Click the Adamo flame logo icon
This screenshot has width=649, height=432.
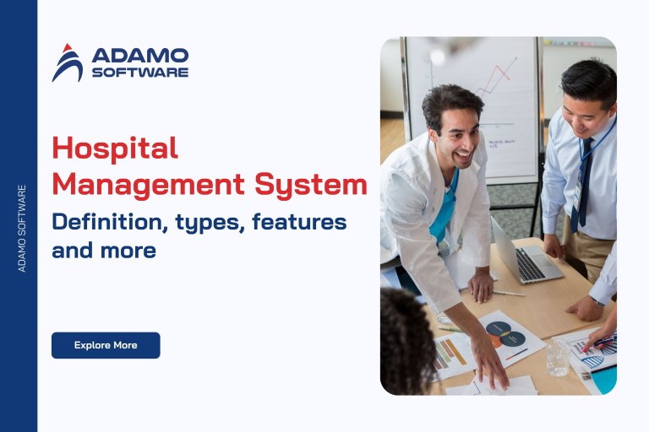pos(68,62)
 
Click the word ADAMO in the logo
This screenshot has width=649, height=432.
pos(139,56)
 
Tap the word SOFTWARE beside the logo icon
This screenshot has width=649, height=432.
pos(139,73)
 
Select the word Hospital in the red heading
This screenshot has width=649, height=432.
pos(115,148)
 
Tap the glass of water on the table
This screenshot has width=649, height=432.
pos(557,357)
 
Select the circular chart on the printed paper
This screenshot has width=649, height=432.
pos(505,334)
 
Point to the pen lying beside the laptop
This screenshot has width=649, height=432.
pos(508,293)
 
